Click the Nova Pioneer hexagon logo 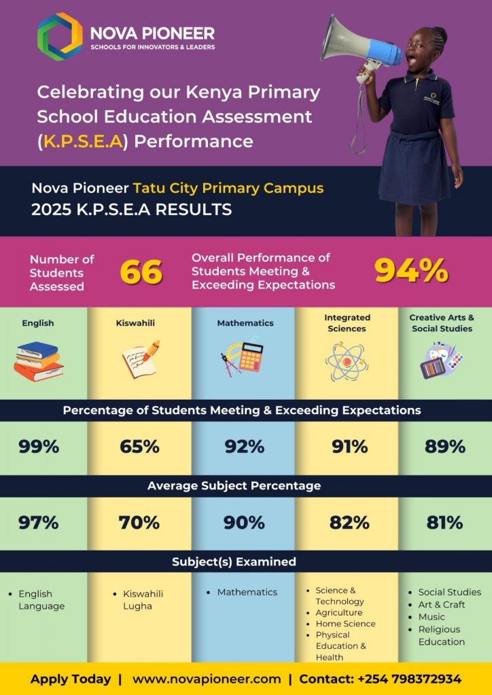[x=60, y=37]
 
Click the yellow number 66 [x=141, y=272]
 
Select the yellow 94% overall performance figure [x=411, y=271]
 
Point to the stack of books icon [x=39, y=360]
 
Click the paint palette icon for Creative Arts [x=442, y=360]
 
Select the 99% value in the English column [x=39, y=447]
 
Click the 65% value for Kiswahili [x=139, y=447]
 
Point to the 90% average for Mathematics [x=245, y=523]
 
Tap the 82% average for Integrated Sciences [x=349, y=523]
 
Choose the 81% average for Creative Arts [x=444, y=523]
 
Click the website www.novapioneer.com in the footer [x=207, y=679]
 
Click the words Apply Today [x=70, y=679]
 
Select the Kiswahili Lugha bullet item [x=143, y=599]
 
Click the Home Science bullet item [x=345, y=624]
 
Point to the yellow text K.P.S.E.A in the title [x=83, y=141]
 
